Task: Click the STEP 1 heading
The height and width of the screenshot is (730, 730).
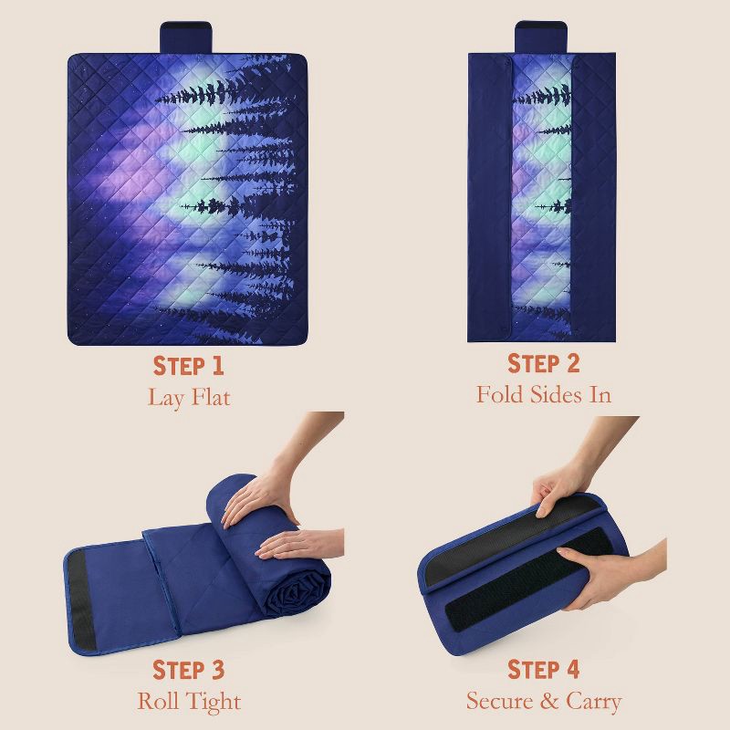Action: (x=189, y=366)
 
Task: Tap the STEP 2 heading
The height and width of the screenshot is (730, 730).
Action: (x=543, y=363)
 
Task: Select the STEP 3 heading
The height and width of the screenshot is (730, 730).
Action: (x=189, y=670)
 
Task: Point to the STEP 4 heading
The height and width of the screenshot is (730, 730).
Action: (x=543, y=670)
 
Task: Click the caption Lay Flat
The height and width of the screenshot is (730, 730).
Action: (x=189, y=398)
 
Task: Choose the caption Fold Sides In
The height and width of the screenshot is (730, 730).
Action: (x=543, y=395)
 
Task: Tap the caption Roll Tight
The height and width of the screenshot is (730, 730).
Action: (x=189, y=702)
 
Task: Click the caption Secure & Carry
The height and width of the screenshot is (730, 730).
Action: (x=544, y=701)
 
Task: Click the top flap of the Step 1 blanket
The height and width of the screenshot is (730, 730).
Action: (x=186, y=37)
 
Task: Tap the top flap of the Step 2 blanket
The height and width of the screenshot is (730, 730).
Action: (x=540, y=37)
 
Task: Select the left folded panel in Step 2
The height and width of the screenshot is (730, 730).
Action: (x=490, y=197)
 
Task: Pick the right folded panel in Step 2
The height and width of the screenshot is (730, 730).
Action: (x=593, y=197)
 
